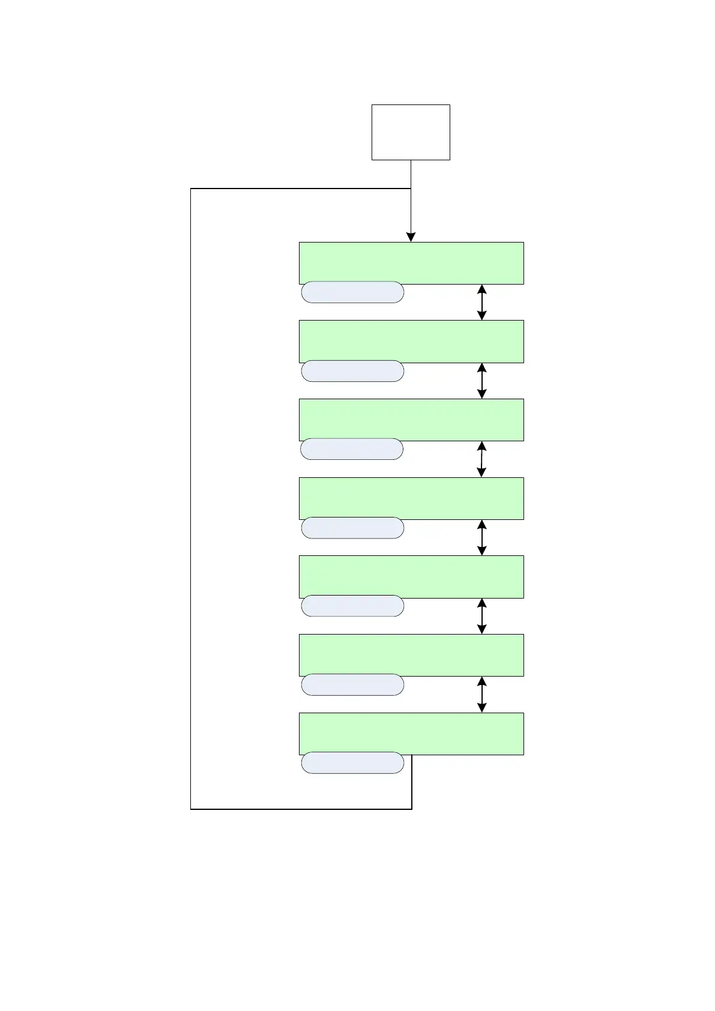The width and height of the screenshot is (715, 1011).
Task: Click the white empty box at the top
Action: [x=411, y=132]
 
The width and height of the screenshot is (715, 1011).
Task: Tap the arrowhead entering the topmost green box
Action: [x=411, y=237]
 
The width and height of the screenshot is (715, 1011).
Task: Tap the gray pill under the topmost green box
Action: [x=352, y=292]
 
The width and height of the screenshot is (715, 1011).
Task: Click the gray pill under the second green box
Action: [x=352, y=371]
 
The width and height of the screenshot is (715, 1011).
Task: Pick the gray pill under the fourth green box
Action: [x=352, y=528]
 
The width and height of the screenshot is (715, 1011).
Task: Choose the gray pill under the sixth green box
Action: [x=352, y=684]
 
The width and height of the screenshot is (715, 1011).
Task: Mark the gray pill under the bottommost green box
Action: [x=352, y=762]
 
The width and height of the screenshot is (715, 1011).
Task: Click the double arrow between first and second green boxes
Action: [x=481, y=302]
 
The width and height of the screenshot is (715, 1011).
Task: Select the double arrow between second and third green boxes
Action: [x=481, y=381]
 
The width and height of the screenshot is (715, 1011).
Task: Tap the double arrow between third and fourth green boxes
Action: [x=481, y=459]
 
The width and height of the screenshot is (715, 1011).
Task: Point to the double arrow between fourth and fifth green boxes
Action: [x=481, y=537]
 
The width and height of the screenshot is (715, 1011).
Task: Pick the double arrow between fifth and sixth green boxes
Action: [x=481, y=616]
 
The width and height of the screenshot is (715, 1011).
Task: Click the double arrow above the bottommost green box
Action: [x=481, y=695]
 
